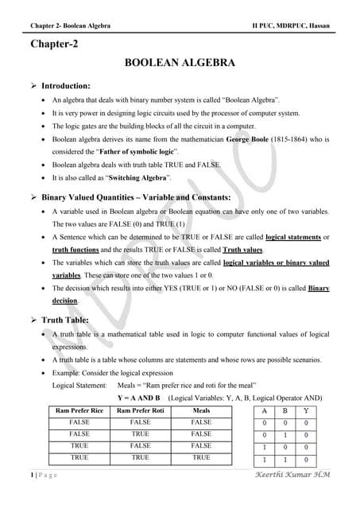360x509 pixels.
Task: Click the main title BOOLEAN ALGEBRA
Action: pyautogui.click(x=179, y=62)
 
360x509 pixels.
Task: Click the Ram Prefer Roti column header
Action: pyautogui.click(x=141, y=410)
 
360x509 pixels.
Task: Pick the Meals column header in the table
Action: pyautogui.click(x=201, y=410)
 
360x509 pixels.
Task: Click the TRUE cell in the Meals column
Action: pyautogui.click(x=201, y=458)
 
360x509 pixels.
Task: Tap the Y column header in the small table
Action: pyautogui.click(x=304, y=410)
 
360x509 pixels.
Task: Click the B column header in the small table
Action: pyautogui.click(x=285, y=410)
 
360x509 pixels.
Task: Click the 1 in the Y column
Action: pyautogui.click(x=304, y=460)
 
